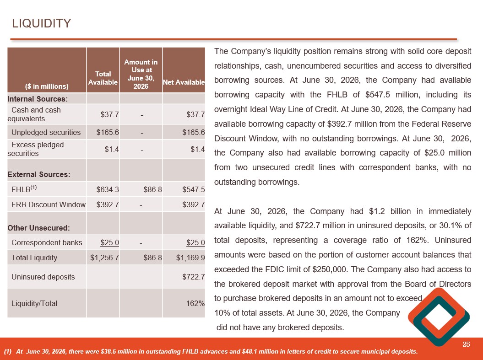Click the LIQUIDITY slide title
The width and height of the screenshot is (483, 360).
42,23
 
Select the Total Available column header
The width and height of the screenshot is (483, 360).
103,78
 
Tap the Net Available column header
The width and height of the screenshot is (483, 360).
184,82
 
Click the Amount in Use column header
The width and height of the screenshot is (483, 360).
141,74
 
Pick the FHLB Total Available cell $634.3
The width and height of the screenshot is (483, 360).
108,189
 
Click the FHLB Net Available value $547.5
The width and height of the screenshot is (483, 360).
194,189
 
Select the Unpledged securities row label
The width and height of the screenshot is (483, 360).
46,132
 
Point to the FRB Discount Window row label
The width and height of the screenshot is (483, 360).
49,204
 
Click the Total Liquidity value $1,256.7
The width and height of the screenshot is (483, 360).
104,258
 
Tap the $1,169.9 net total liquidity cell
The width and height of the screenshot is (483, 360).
190,258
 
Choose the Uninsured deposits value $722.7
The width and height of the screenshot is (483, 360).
194,277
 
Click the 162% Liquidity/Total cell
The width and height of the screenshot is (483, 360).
195,303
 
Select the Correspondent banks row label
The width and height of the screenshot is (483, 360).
47,243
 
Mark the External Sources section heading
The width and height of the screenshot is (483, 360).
39,174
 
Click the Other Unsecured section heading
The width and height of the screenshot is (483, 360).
39,228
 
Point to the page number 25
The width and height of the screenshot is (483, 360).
466,344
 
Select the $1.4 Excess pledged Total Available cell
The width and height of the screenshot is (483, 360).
112,149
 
